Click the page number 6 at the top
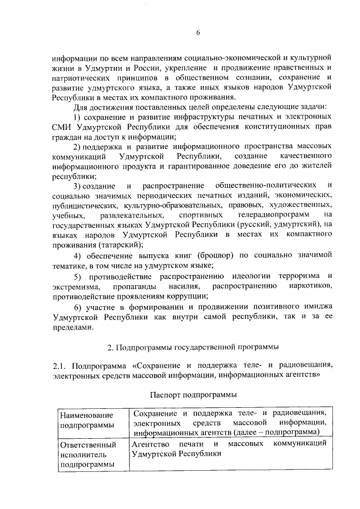click(x=198, y=32)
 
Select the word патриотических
click(x=78, y=78)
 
